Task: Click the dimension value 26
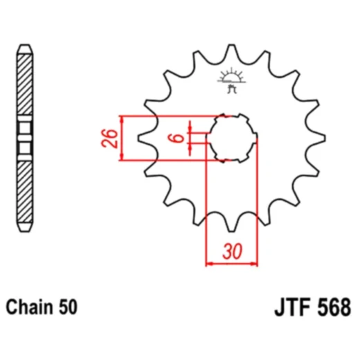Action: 109,138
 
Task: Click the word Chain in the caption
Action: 28,306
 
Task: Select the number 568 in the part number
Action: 332,306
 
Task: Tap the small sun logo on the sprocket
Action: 231,76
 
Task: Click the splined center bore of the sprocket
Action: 231,138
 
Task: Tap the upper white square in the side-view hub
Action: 25,128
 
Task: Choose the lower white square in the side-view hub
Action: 25,147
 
